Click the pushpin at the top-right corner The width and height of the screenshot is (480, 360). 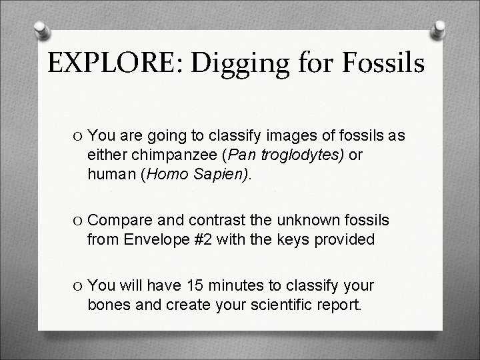coord(440,30)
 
